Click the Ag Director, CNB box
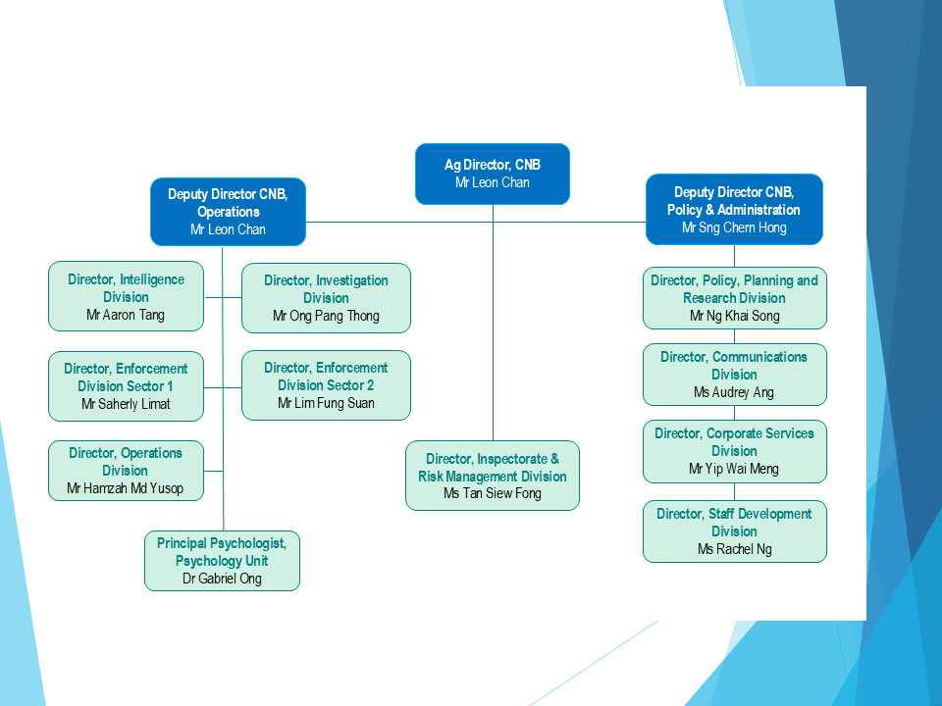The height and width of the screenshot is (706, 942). tap(493, 175)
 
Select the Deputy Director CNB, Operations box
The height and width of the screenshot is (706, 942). tap(229, 212)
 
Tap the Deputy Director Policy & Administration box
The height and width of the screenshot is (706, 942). tap(734, 210)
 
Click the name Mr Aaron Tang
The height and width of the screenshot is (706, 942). tap(126, 315)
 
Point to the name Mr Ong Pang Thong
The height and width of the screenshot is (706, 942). tap(326, 316)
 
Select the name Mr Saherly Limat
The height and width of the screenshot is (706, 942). tap(126, 404)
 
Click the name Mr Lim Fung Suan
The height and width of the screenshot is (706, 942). tap(326, 403)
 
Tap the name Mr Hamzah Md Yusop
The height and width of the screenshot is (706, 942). tap(126, 488)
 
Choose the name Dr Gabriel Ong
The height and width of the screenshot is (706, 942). tap(223, 579)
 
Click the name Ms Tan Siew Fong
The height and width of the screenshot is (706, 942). tap(493, 493)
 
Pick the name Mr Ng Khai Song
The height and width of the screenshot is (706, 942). tap(735, 316)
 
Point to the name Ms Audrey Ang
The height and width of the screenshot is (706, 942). tap(734, 392)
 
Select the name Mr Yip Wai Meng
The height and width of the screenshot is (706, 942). tap(734, 469)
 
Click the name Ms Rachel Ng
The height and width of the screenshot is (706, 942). tap(735, 549)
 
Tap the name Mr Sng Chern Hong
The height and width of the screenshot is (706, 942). tap(734, 227)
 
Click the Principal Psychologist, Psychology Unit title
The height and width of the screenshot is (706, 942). tap(223, 552)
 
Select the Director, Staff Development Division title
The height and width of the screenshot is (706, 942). tap(734, 523)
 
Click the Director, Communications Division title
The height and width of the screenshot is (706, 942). tap(734, 366)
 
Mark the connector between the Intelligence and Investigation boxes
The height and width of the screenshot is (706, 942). tap(223, 297)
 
